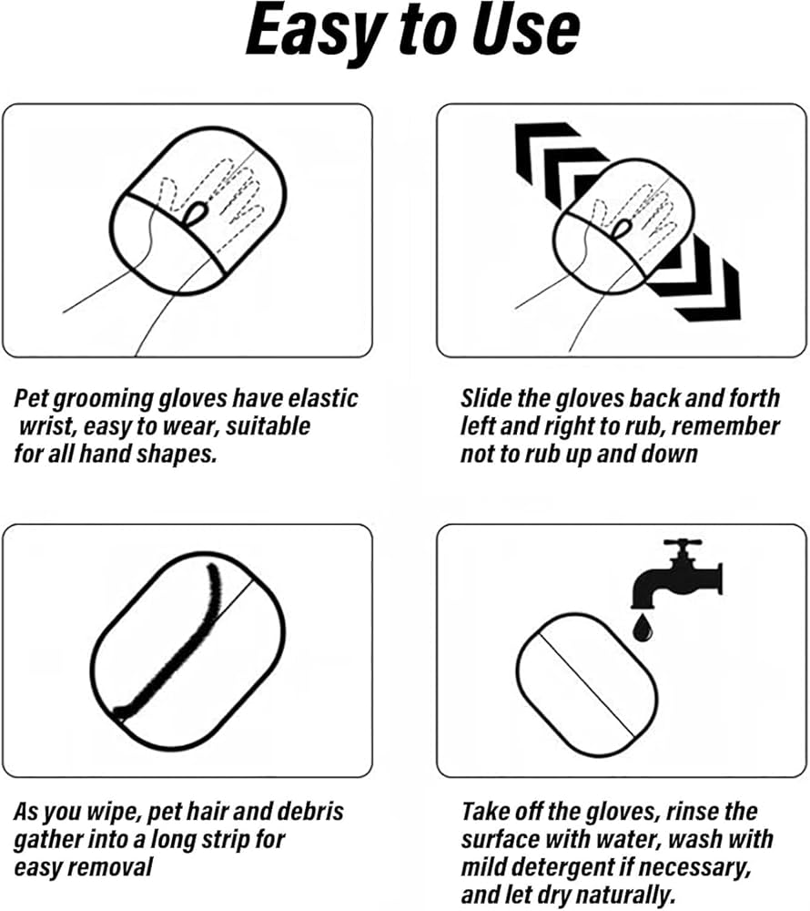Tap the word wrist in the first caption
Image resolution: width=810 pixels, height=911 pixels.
coord(46,426)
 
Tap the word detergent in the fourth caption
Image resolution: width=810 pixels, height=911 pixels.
coord(601,866)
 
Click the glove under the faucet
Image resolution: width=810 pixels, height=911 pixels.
coord(583,682)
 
